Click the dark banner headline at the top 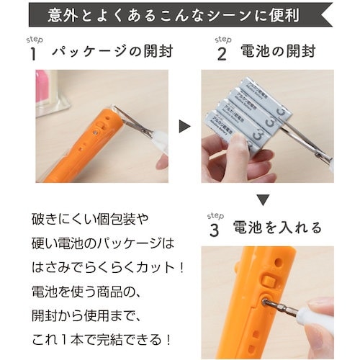[180, 15]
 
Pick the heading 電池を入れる [276, 228]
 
